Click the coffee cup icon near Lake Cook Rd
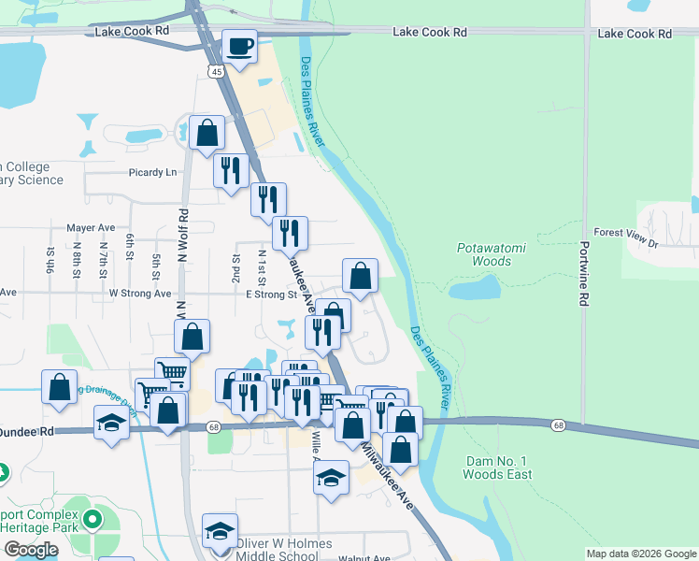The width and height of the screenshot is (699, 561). click(x=239, y=47)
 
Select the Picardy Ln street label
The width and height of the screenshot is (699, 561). click(x=152, y=173)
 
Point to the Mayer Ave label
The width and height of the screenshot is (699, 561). click(x=91, y=227)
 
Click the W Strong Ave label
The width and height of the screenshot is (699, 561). click(x=140, y=293)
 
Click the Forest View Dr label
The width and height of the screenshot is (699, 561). click(x=626, y=233)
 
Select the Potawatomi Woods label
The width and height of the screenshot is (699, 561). click(x=484, y=254)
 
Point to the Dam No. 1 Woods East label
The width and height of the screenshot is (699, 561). click(x=499, y=467)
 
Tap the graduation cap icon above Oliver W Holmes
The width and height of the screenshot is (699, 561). click(x=220, y=530)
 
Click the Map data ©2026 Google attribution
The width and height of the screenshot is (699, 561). click(x=641, y=554)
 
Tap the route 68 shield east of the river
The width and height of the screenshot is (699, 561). click(x=559, y=425)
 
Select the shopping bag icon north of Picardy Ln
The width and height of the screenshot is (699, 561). click(x=207, y=134)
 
